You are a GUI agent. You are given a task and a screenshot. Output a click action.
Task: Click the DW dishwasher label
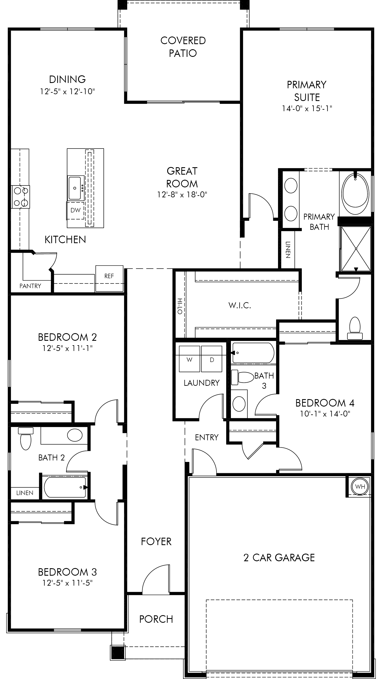point(75,210)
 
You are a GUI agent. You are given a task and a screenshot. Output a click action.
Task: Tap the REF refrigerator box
point(109,278)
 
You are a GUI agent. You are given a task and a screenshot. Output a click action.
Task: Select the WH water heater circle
point(360,487)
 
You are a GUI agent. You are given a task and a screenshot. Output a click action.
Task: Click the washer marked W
point(189,359)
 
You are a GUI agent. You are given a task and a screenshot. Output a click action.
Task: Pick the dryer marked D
point(212,359)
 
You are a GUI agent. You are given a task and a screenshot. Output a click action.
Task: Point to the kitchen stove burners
point(21,197)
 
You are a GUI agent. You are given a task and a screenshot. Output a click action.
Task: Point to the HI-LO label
point(180,306)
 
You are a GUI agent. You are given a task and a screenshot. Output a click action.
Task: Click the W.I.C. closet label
point(240,306)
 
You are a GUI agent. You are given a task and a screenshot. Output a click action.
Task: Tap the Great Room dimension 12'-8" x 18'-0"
point(182,195)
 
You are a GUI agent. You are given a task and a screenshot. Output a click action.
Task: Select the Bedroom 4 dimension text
point(325,414)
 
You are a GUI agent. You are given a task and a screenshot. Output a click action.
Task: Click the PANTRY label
point(30,286)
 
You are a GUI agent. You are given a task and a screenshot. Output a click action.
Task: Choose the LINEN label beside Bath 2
point(25,493)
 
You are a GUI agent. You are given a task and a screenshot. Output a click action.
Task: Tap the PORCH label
point(156,619)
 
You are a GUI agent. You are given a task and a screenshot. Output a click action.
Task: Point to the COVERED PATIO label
point(183,47)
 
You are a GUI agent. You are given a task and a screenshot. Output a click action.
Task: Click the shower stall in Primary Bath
point(356,248)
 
